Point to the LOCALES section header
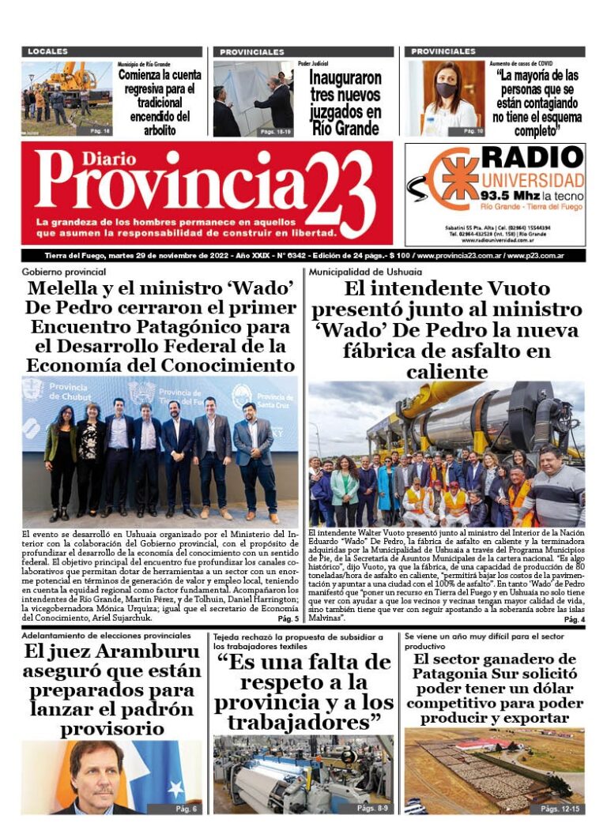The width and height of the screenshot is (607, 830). pyautogui.click(x=48, y=51)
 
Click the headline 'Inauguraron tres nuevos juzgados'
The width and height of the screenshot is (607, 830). pyautogui.click(x=345, y=103)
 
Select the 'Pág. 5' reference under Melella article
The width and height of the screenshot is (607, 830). pyautogui.click(x=288, y=618)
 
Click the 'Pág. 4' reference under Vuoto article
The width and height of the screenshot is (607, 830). pyautogui.click(x=574, y=620)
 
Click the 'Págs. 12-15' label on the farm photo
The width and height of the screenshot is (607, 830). pyautogui.click(x=560, y=808)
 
